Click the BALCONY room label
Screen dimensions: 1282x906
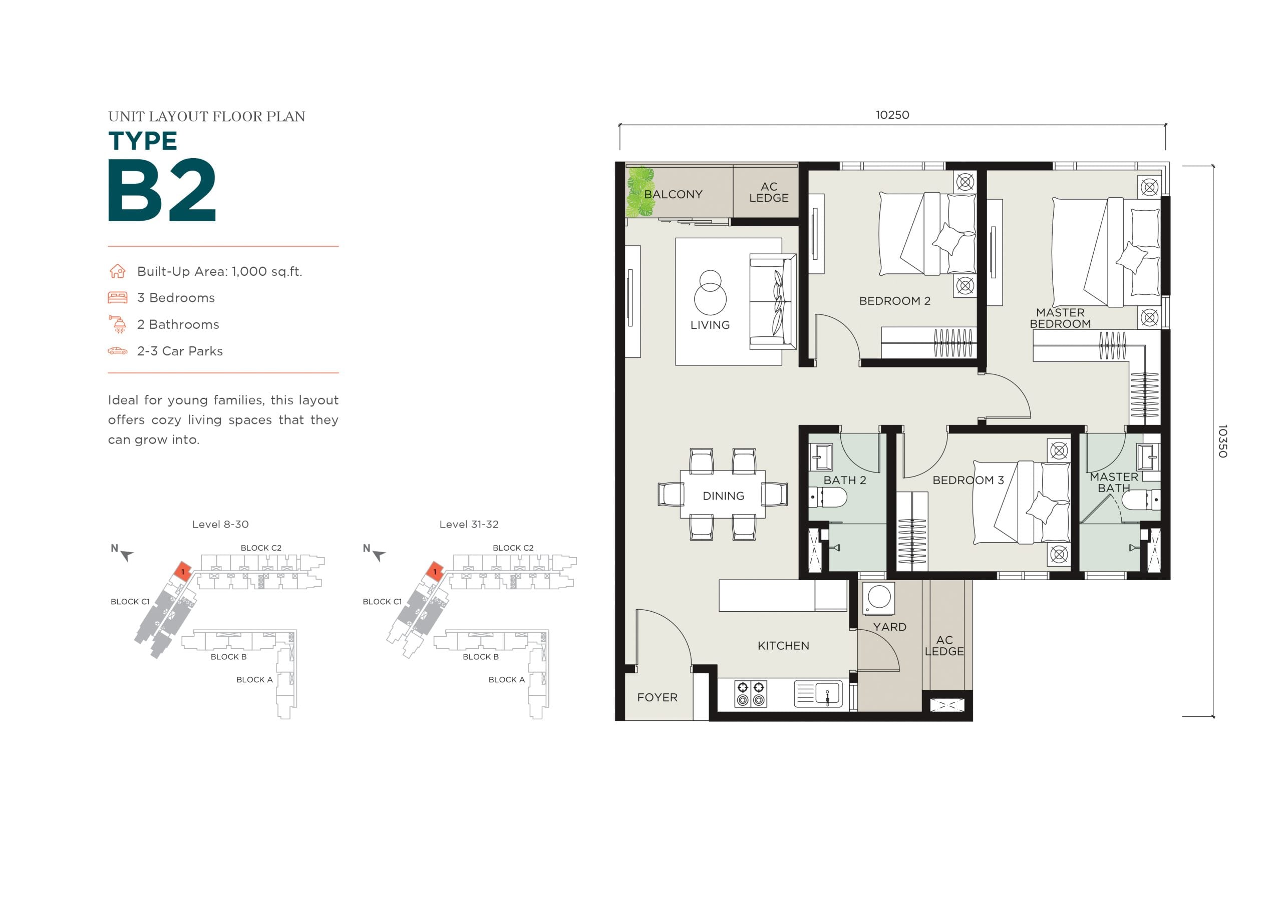click(673, 194)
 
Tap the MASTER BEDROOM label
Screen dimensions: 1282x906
click(1060, 318)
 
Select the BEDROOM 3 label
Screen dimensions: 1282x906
click(968, 480)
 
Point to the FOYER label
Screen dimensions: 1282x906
click(657, 697)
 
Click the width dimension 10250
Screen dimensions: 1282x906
click(892, 115)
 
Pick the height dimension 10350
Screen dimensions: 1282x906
click(1222, 441)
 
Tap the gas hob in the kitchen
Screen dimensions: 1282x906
click(751, 694)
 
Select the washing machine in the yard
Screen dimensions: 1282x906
click(879, 597)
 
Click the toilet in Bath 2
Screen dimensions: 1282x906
click(828, 496)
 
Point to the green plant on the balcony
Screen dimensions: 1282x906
click(640, 192)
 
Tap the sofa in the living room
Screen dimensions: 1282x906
click(773, 302)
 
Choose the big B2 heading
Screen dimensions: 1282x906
click(162, 190)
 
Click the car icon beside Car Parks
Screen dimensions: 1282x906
click(117, 351)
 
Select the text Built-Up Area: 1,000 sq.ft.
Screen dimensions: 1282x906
click(219, 272)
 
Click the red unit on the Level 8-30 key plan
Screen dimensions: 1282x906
click(183, 571)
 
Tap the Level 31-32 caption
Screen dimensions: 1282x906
click(469, 524)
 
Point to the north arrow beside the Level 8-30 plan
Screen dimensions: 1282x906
click(127, 555)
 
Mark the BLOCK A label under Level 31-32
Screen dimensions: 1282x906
click(506, 679)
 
